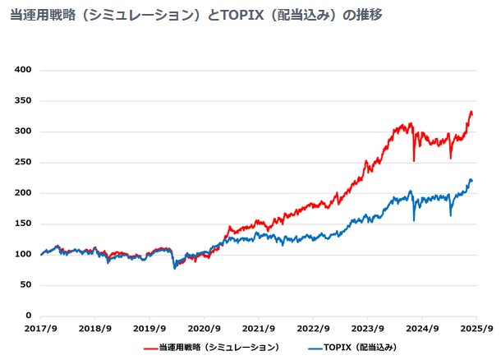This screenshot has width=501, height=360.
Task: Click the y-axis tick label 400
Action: click(23, 70)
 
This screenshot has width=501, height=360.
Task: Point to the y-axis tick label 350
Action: click(23, 101)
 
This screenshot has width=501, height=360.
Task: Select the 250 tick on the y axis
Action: click(23, 162)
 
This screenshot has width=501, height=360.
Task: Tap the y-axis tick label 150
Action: click(23, 224)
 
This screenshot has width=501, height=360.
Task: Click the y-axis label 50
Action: click(26, 285)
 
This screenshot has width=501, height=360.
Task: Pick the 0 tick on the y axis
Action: click(29, 316)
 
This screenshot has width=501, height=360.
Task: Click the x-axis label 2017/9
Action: click(40, 329)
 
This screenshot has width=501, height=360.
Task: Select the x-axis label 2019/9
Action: click(149, 329)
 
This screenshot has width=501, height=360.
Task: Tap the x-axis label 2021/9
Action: click(259, 329)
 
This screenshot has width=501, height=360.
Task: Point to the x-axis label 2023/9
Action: click(367, 329)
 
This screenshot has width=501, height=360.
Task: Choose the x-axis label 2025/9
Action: click(476, 329)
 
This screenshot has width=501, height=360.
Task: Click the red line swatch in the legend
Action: click(151, 348)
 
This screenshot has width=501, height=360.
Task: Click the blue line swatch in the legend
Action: click(315, 348)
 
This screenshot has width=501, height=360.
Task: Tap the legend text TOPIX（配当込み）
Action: click(361, 348)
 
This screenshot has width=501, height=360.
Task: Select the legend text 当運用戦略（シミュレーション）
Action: click(219, 348)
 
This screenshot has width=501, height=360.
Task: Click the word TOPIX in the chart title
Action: click(242, 15)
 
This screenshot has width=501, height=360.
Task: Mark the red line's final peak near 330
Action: click(471, 112)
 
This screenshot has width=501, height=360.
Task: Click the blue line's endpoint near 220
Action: click(472, 181)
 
